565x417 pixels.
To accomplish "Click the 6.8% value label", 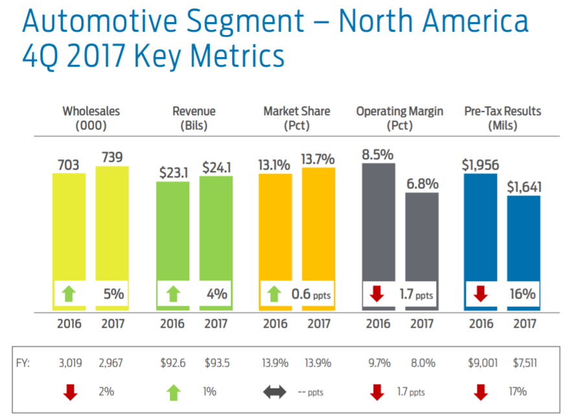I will click(422, 185).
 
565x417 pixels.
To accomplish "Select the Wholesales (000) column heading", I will click(91, 118).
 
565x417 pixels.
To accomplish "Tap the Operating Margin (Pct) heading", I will click(400, 118).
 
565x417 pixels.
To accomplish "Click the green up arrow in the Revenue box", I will click(173, 294).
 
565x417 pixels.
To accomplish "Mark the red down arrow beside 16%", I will click(481, 294).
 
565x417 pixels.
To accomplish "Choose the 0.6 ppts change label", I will click(310, 294).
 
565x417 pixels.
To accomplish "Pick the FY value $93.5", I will click(217, 363).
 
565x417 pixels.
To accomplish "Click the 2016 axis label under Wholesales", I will click(69, 324).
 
